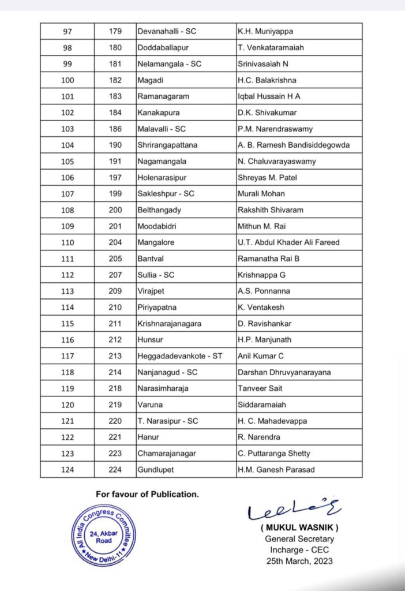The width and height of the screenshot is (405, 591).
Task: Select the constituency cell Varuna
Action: coord(150,405)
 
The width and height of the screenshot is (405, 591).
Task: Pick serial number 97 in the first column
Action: coord(67,31)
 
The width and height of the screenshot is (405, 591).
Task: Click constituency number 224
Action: coord(115,469)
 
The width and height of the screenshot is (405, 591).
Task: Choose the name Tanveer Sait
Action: coord(260,388)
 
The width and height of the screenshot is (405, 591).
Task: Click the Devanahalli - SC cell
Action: coord(167,31)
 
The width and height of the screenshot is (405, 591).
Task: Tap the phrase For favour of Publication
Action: coord(147,494)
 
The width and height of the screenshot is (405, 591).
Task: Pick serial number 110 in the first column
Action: coord(67,242)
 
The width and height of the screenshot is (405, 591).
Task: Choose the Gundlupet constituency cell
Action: coord(155,469)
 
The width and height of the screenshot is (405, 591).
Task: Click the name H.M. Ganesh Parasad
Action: coord(276,469)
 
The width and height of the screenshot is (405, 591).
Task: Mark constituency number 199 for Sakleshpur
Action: coord(115,194)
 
